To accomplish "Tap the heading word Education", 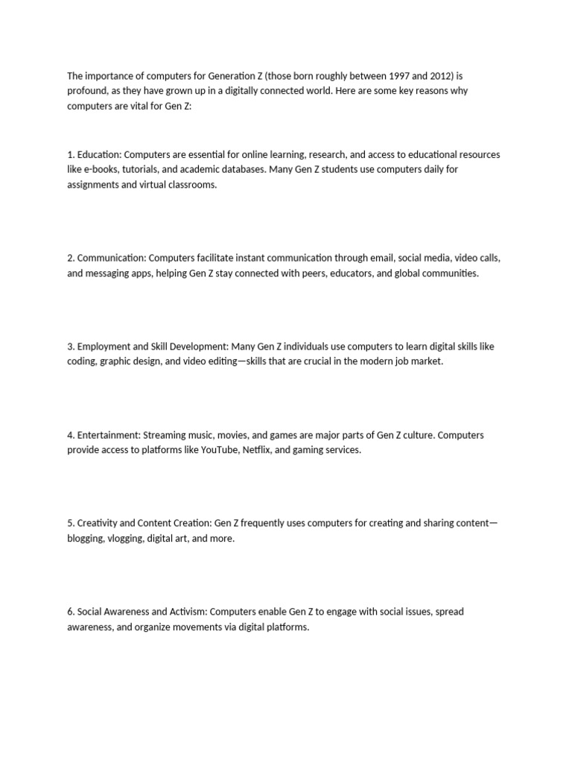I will pos(98,155).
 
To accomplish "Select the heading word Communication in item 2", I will pos(111,259).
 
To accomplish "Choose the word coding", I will pos(81,361).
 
